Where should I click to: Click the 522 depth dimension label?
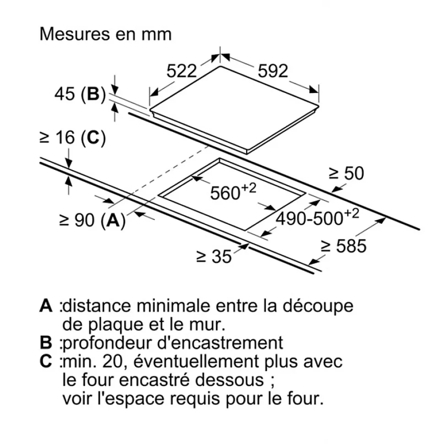[x=181, y=71]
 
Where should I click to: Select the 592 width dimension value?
[x=273, y=71]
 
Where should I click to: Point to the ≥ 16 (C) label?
[x=72, y=137]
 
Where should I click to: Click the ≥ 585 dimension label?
[x=344, y=246]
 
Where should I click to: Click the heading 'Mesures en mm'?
[x=106, y=34]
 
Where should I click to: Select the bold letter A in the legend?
[x=46, y=306]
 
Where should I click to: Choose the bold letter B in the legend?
[x=46, y=343]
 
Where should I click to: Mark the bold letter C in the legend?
[x=46, y=362]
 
